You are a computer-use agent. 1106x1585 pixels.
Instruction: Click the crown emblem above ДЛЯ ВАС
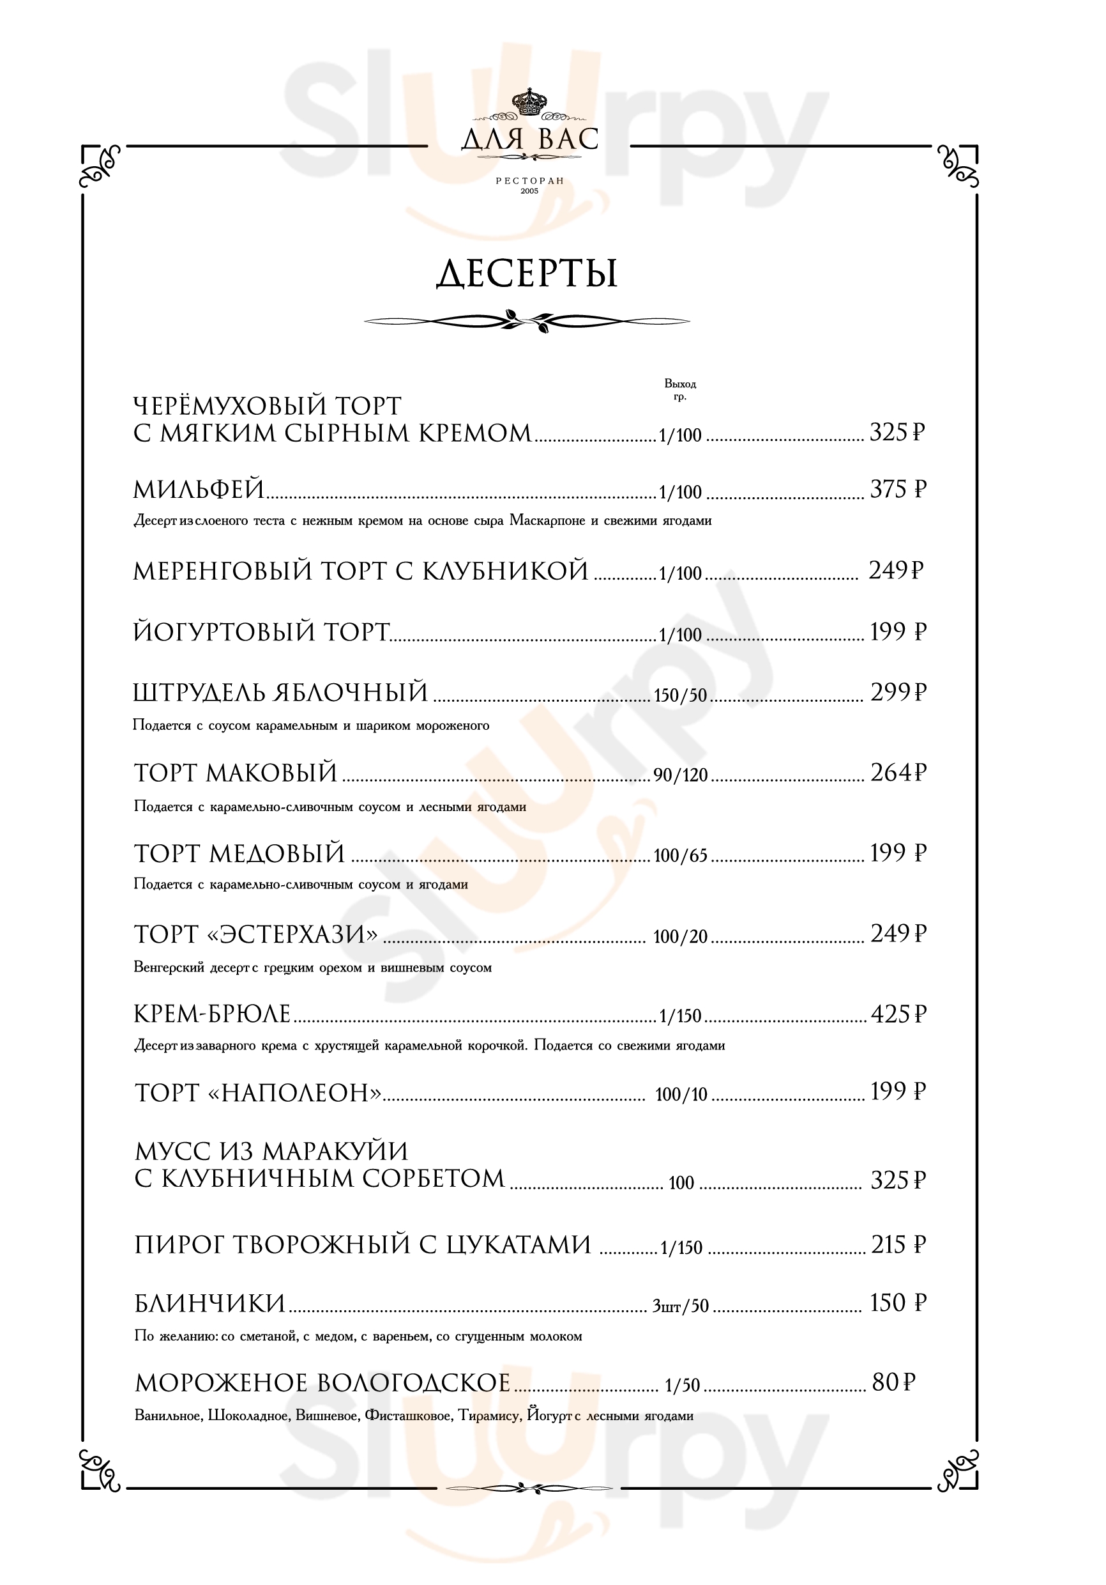(529, 104)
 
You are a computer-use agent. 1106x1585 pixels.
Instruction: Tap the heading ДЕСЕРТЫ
(527, 274)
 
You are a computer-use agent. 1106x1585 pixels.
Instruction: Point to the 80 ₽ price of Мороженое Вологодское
(893, 1382)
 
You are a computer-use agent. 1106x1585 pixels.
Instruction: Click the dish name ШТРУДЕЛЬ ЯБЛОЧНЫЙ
(280, 692)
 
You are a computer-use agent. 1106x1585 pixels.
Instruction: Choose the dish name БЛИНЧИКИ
(209, 1303)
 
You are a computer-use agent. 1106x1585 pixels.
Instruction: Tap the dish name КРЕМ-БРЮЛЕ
(212, 1014)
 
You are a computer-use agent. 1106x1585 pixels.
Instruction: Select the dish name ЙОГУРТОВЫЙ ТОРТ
(261, 632)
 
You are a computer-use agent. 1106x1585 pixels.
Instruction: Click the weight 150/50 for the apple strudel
(680, 695)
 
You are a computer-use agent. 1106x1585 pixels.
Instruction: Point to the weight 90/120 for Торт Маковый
(681, 775)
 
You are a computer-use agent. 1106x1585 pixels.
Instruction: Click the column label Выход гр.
(679, 389)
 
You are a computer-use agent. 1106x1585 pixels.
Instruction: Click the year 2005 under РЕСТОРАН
(529, 191)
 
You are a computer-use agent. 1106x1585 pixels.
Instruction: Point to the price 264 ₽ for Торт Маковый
(897, 773)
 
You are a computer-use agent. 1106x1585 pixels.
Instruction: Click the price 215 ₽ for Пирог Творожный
(898, 1244)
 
